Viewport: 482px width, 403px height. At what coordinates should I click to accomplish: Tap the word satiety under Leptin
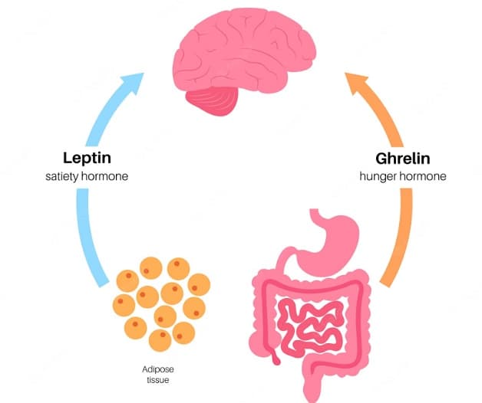point(65,177)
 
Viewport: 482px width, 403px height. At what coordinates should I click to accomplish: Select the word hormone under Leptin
point(105,177)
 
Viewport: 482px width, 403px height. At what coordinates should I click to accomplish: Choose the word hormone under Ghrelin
point(421,176)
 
